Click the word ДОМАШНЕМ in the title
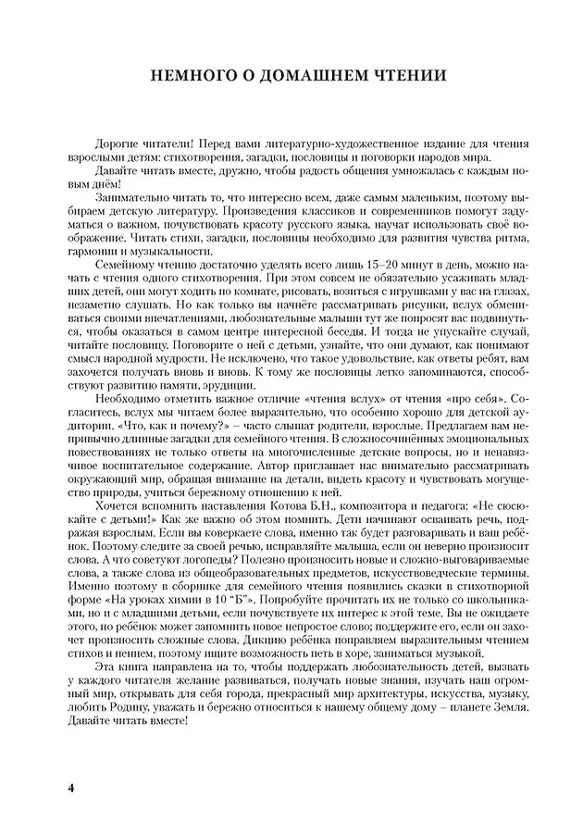tap(298, 76)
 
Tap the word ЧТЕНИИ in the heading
tap(401, 76)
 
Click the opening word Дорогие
tap(117, 144)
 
